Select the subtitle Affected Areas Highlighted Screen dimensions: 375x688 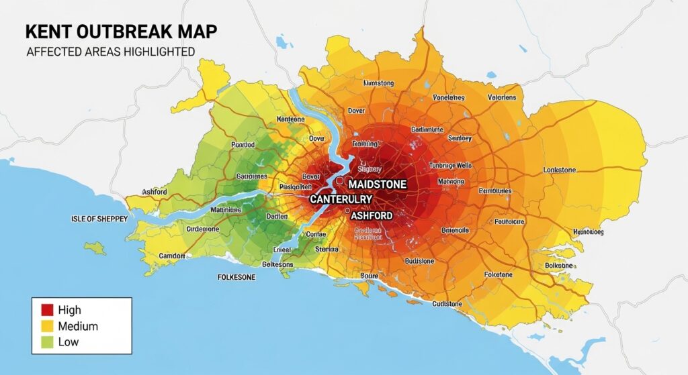click(x=110, y=52)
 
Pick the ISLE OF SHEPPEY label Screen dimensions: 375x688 click(x=99, y=219)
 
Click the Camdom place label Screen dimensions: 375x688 click(x=173, y=256)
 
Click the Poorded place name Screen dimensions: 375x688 click(x=243, y=144)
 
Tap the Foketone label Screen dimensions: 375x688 click(x=497, y=275)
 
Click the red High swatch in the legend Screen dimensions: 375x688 click(x=47, y=310)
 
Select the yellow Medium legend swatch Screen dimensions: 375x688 click(x=47, y=326)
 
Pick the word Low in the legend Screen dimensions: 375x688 click(x=69, y=342)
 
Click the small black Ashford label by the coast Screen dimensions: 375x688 click(x=155, y=192)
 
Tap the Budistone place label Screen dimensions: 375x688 click(x=421, y=261)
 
